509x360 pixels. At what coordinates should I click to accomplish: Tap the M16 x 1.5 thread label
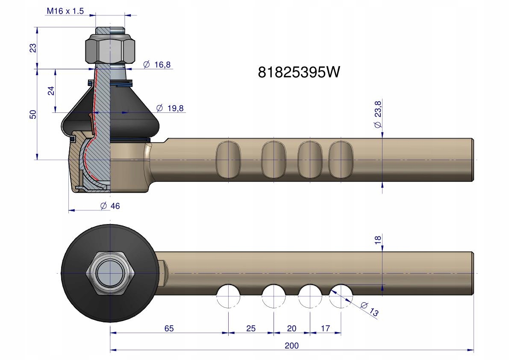pos(65,11)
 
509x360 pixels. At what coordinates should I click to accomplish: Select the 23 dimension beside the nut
pos(33,48)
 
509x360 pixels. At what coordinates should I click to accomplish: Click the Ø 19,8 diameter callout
pos(170,108)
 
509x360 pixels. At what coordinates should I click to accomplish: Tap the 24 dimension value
pos(51,91)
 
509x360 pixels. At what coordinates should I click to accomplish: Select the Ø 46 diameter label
pos(110,206)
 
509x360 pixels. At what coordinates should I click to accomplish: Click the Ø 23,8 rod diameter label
pos(377,115)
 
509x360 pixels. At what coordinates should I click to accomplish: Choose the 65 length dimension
pos(169,328)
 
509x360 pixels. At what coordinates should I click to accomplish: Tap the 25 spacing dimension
pos(251,328)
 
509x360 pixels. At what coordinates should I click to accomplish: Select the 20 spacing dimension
pos(291,328)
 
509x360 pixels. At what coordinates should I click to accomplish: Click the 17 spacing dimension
pos(325,328)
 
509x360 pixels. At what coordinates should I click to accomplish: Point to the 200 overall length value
pos(291,346)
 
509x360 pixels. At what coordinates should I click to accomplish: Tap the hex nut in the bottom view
pos(110,273)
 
